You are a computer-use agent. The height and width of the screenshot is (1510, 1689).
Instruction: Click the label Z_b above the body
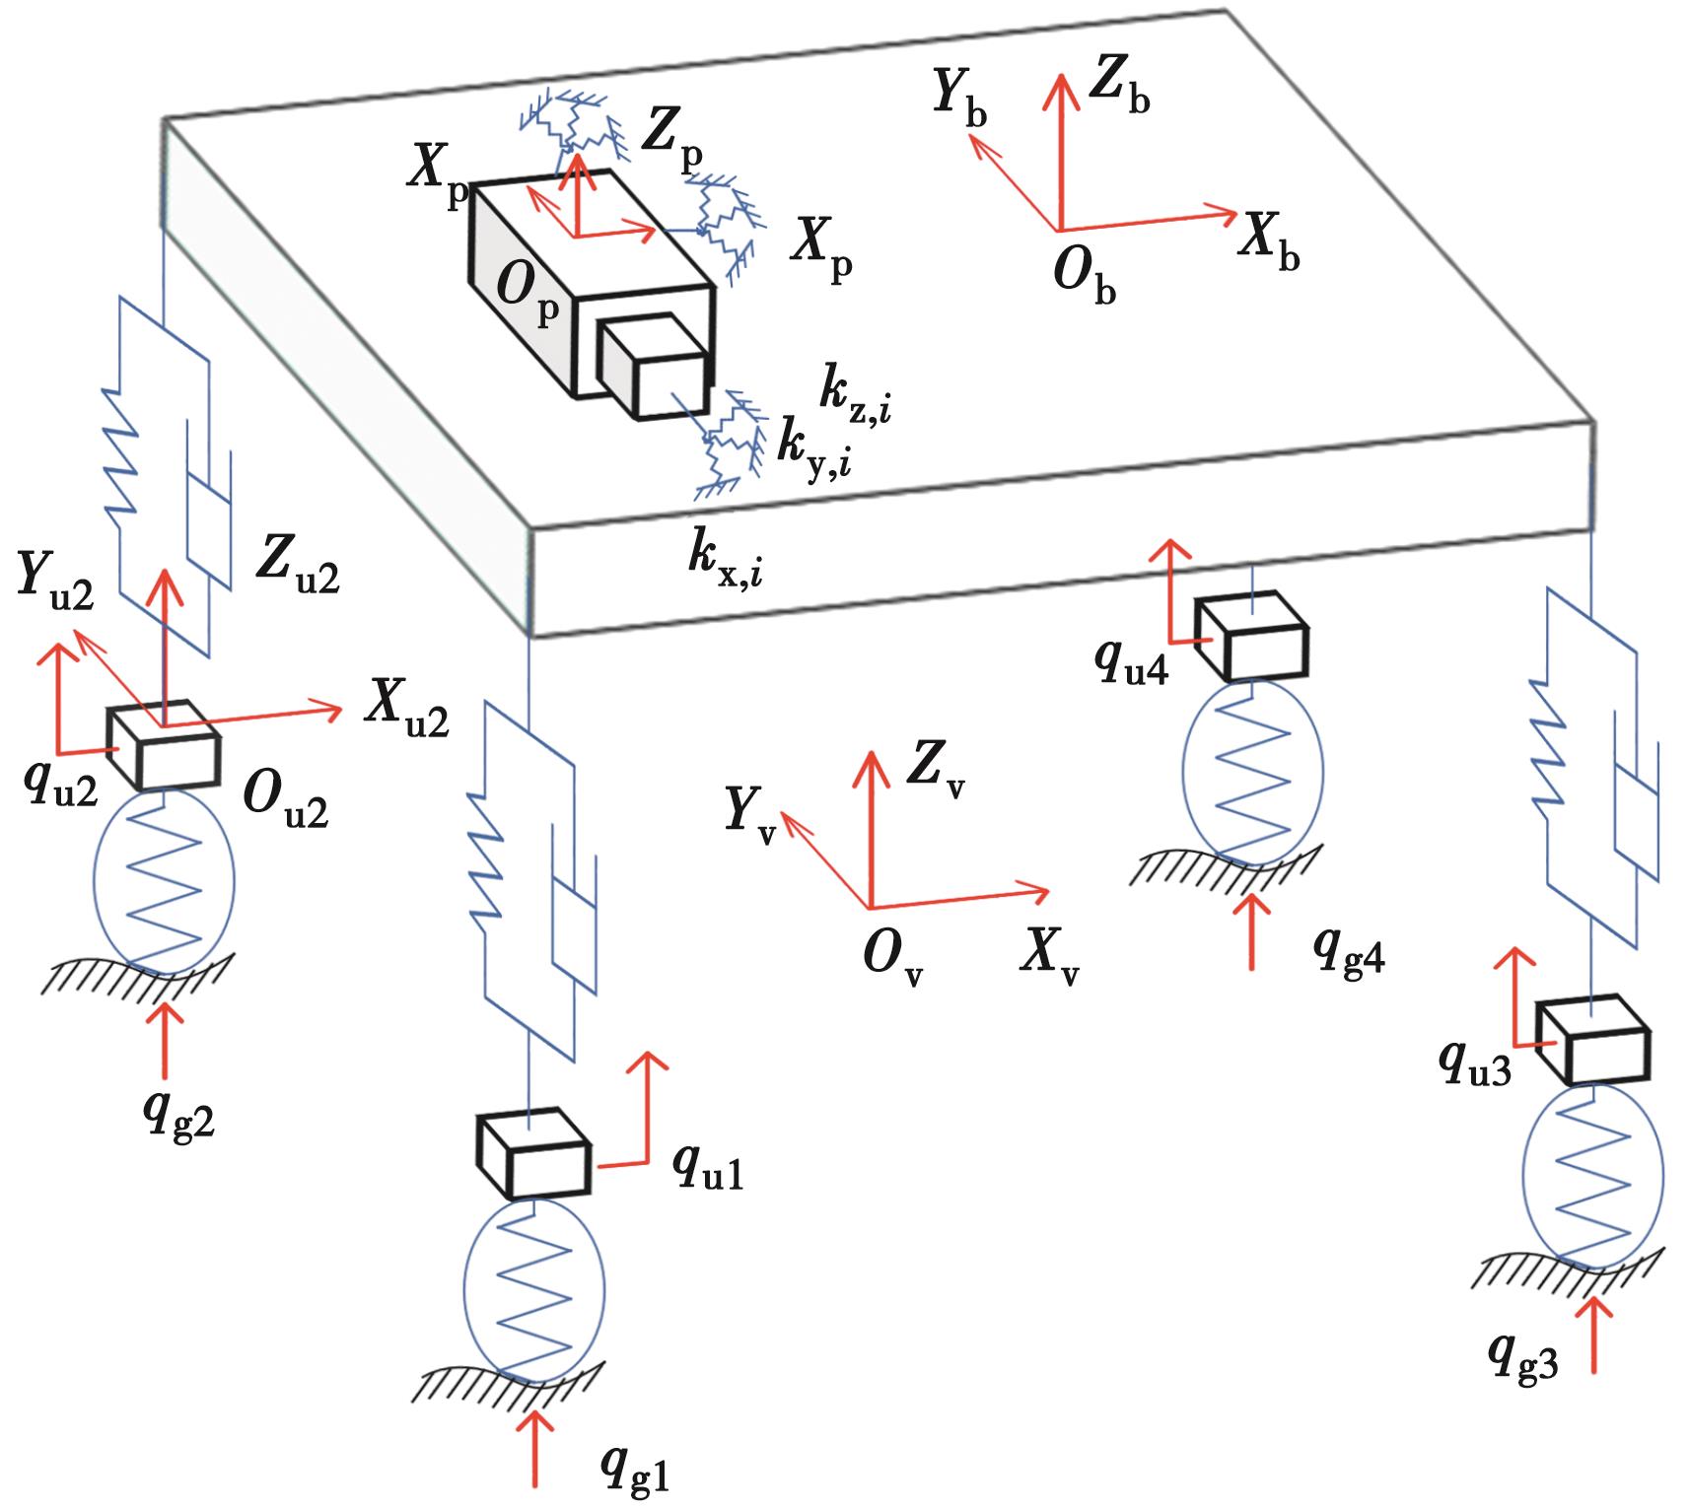coord(1118,90)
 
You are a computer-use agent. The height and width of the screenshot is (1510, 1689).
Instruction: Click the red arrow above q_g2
coord(165,1040)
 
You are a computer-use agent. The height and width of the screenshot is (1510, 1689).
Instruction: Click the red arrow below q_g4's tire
coord(1252,931)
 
